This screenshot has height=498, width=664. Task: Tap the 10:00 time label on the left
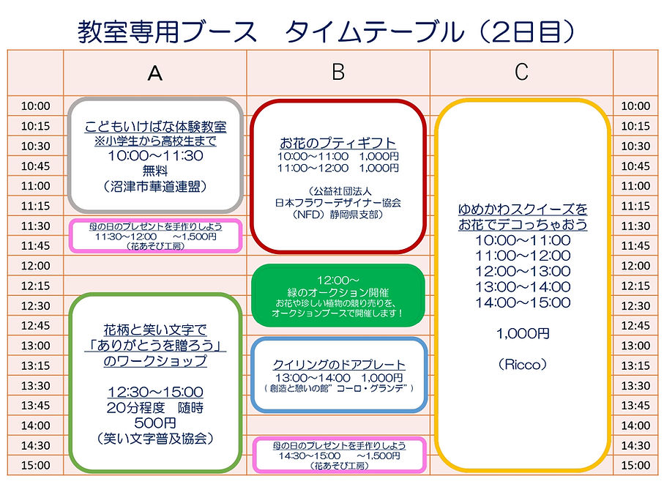click(x=35, y=106)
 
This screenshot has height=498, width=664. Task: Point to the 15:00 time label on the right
click(x=635, y=465)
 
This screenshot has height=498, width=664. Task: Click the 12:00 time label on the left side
click(x=35, y=266)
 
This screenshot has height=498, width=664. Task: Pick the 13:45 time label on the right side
click(x=635, y=405)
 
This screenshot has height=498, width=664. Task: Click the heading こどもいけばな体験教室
click(x=155, y=126)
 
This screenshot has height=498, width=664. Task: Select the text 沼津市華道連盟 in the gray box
click(x=155, y=187)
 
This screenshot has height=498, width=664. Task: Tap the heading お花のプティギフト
click(x=337, y=143)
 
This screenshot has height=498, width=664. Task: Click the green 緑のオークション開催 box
click(x=337, y=295)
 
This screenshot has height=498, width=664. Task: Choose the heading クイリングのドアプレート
click(x=337, y=365)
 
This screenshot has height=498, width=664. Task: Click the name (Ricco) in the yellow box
click(x=522, y=364)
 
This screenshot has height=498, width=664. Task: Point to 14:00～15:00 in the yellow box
click(x=522, y=302)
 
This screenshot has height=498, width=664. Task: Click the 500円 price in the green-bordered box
click(x=155, y=423)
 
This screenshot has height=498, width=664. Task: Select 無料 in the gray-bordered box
click(x=155, y=171)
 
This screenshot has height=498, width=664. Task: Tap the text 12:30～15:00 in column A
click(x=155, y=393)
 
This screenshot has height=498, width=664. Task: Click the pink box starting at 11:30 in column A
click(x=155, y=236)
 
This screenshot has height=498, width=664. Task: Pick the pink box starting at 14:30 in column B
click(x=337, y=455)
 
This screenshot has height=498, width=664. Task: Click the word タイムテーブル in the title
click(x=374, y=31)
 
